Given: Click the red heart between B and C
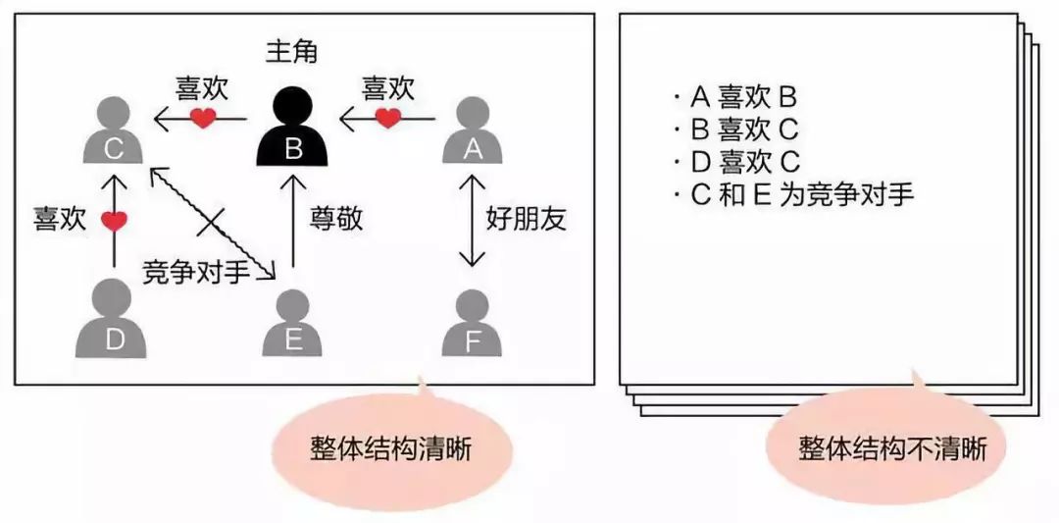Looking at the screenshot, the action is coord(203,119).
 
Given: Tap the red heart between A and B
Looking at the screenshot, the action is coord(387,119).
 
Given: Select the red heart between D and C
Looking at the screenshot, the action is coord(114,220).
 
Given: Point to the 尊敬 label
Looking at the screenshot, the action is coord(335,219).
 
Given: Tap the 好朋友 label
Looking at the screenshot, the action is coord(526,219).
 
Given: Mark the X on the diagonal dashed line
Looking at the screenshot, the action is coord(211,223).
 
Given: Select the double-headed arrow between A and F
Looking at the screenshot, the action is coord(472,221).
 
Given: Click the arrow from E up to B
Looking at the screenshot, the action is coord(292,221).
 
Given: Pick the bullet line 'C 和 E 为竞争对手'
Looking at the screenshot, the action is coord(793,196).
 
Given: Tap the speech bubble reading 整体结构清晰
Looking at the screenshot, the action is coord(391,445).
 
